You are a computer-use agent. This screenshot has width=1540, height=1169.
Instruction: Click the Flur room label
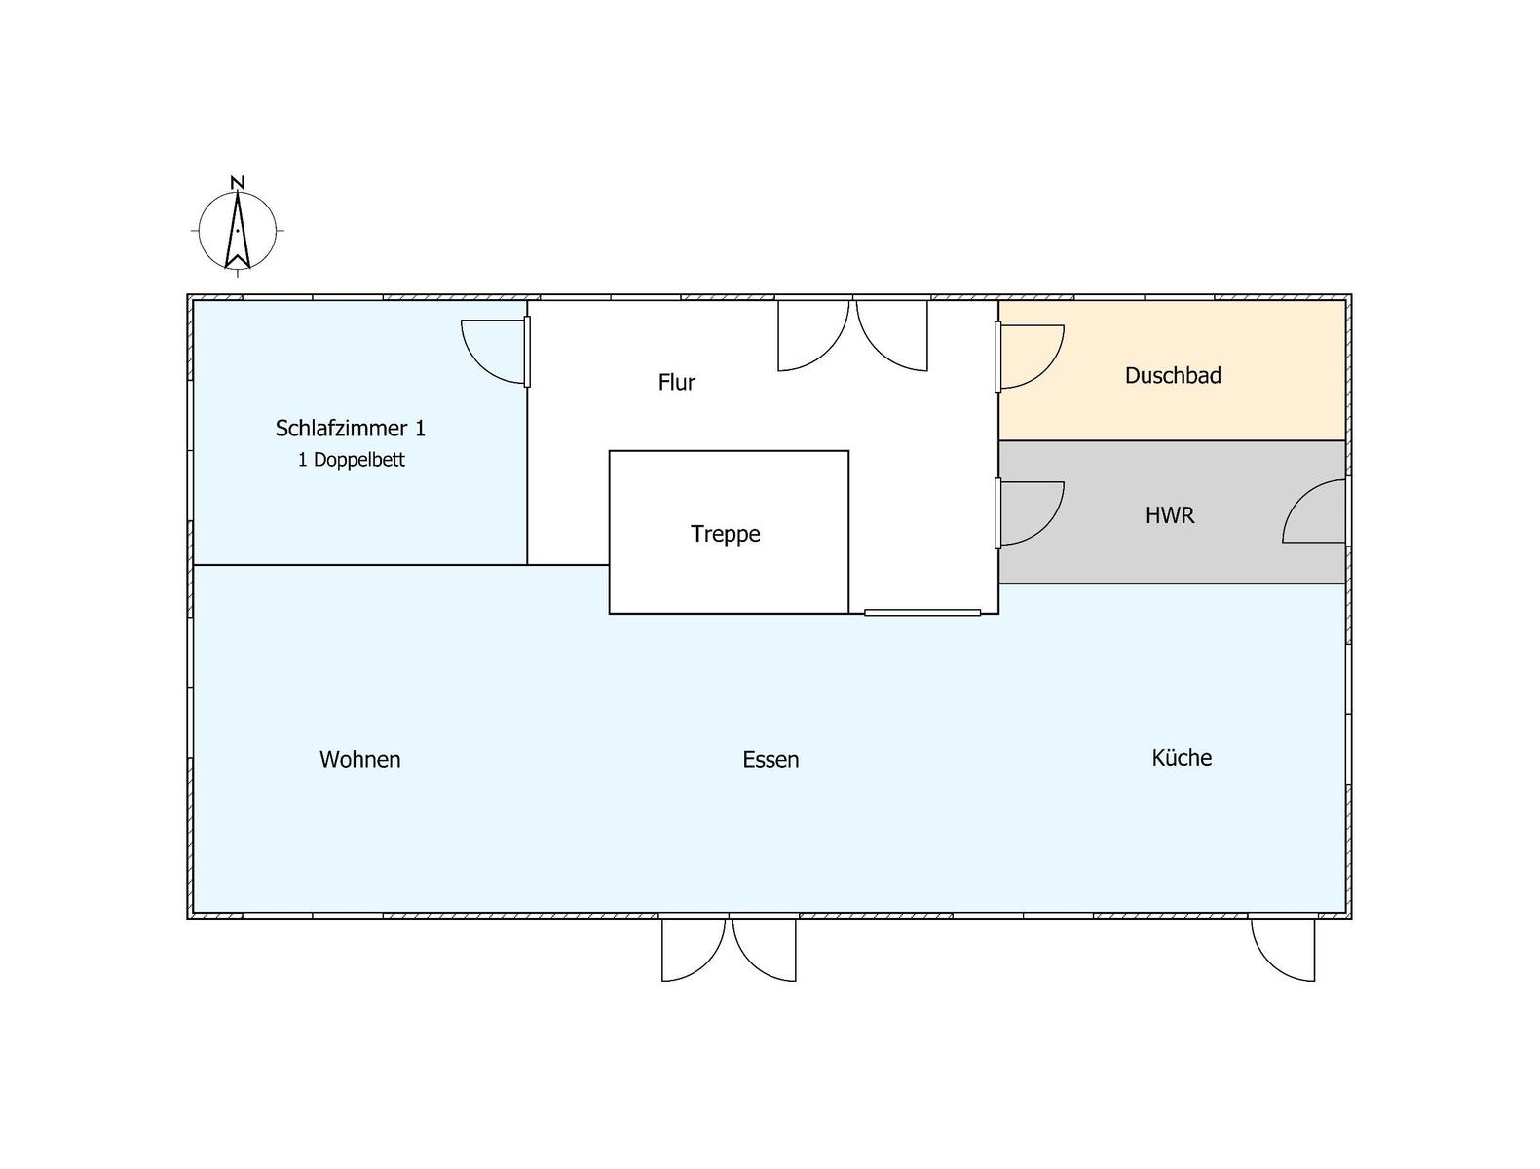[676, 383]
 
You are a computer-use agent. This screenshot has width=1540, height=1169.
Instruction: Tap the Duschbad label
[1173, 375]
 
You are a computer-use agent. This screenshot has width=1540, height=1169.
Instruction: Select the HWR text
[1170, 515]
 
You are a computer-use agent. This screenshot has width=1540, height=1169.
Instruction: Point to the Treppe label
[726, 534]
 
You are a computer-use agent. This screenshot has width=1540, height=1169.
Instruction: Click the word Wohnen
[360, 759]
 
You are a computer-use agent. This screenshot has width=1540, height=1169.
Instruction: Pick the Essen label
[770, 759]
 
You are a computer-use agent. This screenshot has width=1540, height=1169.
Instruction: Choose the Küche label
[1182, 757]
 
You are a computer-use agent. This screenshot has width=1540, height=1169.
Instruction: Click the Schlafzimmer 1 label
[350, 428]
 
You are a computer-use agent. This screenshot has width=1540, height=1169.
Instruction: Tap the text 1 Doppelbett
[352, 460]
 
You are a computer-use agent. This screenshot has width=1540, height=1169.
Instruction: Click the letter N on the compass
[237, 183]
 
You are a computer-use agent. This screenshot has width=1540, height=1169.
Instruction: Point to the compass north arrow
[237, 230]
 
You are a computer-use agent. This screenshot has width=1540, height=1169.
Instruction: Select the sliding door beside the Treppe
[921, 613]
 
